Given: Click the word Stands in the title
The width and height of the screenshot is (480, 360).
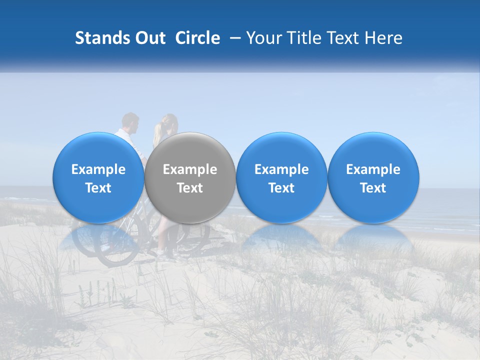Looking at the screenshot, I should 102,38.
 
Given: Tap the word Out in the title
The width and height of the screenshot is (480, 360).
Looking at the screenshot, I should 149,38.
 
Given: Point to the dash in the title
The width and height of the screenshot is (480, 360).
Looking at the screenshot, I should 233,38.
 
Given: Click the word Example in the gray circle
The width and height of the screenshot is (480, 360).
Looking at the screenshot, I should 190,169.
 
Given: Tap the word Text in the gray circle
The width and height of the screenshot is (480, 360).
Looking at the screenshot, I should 190,188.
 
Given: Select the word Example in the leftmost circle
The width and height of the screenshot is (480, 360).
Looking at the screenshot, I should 98,169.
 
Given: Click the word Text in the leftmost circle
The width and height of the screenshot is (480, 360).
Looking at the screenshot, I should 98,188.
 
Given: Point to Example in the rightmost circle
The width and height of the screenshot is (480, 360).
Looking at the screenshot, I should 373,169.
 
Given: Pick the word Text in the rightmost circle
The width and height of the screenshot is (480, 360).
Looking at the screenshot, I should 373,188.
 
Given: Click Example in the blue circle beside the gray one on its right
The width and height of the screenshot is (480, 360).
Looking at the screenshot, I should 281,169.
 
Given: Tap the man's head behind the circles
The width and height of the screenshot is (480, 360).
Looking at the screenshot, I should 130,121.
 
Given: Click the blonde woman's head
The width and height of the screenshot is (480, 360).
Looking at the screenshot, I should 167,122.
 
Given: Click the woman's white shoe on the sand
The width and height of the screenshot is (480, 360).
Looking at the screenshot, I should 161,253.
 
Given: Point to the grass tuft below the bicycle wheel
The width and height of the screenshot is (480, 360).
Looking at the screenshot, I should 100,290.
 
